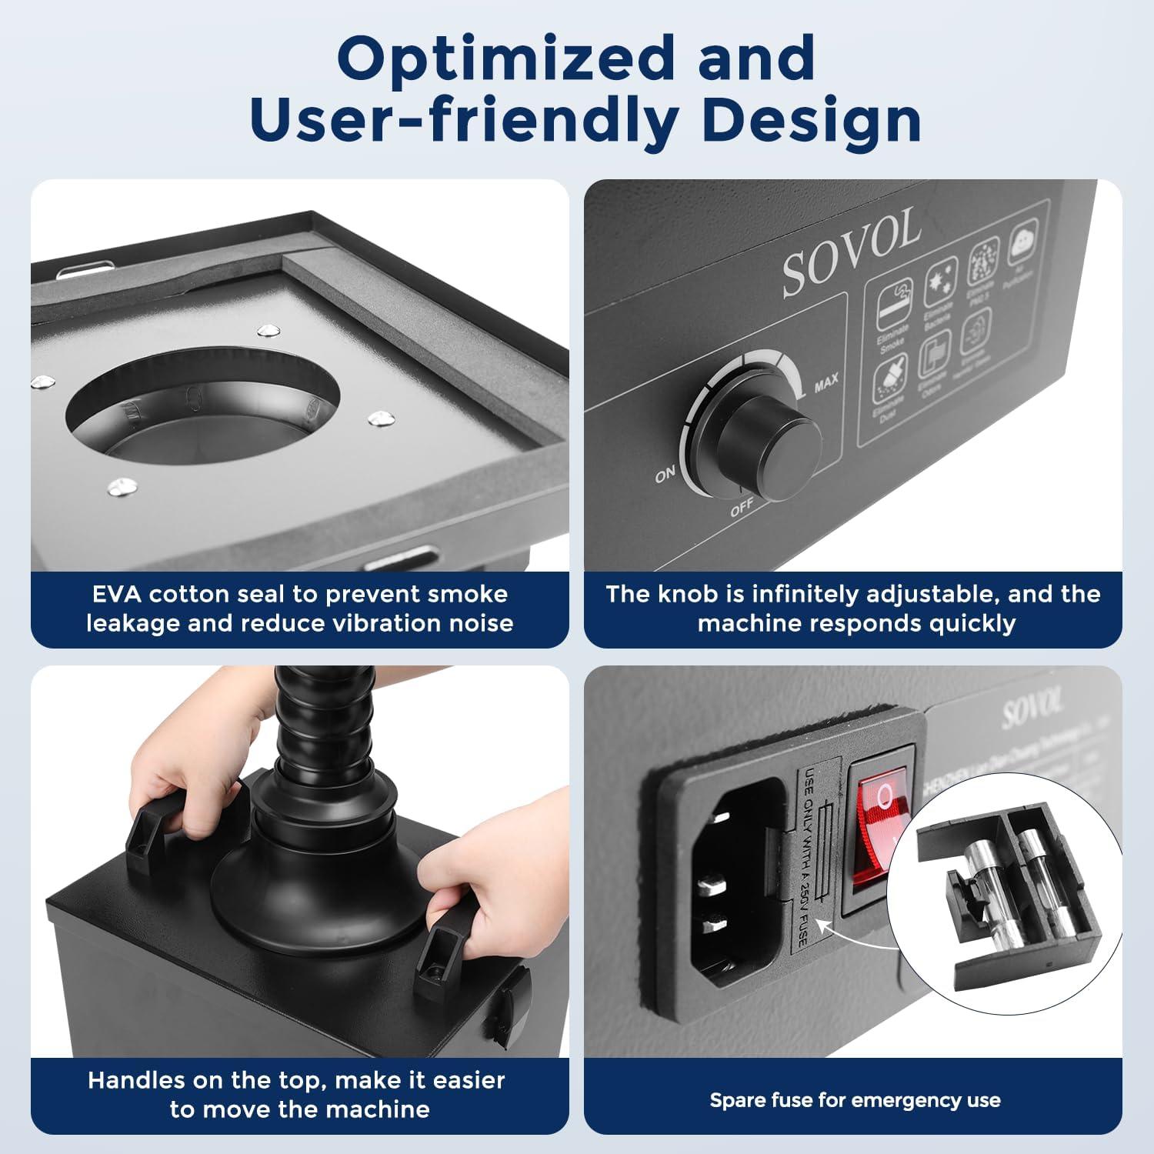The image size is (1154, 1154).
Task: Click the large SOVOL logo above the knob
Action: (851, 253)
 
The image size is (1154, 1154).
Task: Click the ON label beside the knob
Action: (665, 475)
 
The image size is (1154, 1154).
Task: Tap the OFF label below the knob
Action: (742, 509)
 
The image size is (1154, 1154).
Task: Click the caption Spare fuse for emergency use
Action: (854, 1100)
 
